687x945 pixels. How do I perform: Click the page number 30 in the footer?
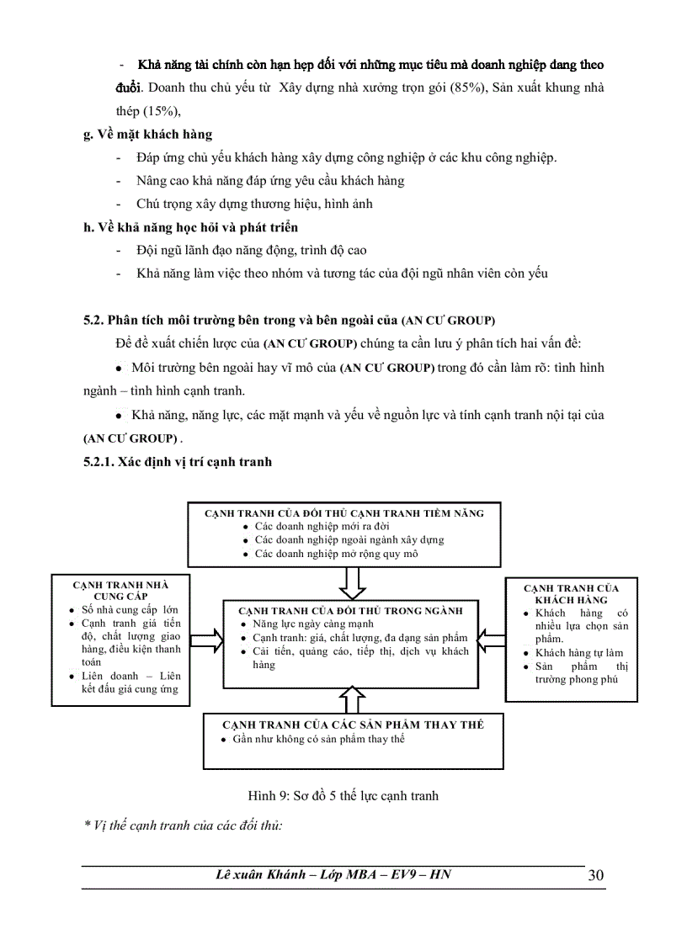click(x=595, y=875)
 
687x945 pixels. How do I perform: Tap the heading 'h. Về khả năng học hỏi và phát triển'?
click(x=190, y=227)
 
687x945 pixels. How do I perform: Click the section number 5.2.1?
click(x=100, y=462)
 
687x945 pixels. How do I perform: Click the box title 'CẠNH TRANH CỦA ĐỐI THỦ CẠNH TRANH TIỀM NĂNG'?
click(x=344, y=512)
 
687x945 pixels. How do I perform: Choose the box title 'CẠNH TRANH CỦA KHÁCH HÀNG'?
click(x=571, y=594)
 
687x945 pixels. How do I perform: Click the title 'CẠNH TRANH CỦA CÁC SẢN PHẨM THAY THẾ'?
click(x=353, y=725)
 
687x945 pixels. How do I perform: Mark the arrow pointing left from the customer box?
click(x=490, y=639)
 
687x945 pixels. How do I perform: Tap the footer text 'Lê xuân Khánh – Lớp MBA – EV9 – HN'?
click(x=333, y=874)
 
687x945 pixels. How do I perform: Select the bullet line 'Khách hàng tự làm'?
click(x=579, y=653)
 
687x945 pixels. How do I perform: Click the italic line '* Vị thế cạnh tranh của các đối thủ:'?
click(x=184, y=825)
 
